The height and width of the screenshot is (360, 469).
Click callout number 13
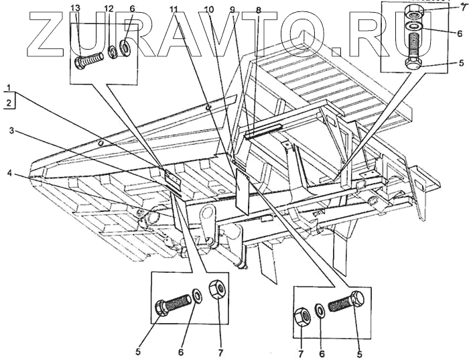75,7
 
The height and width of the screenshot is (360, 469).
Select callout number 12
109,7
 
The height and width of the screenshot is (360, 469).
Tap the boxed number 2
8,103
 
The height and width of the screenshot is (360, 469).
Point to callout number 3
11,131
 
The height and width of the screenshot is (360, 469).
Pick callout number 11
174,9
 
